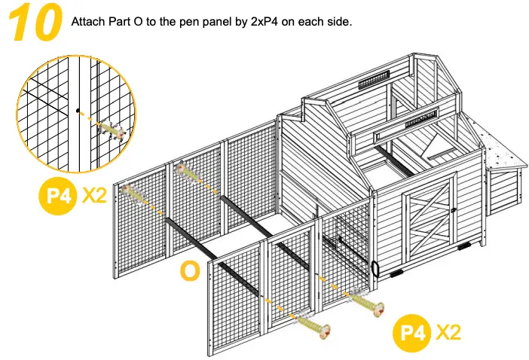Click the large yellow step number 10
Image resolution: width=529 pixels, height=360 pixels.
(35, 22)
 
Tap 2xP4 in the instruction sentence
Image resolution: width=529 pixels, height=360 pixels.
(264, 21)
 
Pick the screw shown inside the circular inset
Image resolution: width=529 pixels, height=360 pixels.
(111, 130)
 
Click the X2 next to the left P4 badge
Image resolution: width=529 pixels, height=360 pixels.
(96, 196)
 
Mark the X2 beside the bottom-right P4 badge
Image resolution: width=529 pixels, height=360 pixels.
(450, 332)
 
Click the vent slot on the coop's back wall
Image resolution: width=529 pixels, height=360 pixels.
(374, 78)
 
